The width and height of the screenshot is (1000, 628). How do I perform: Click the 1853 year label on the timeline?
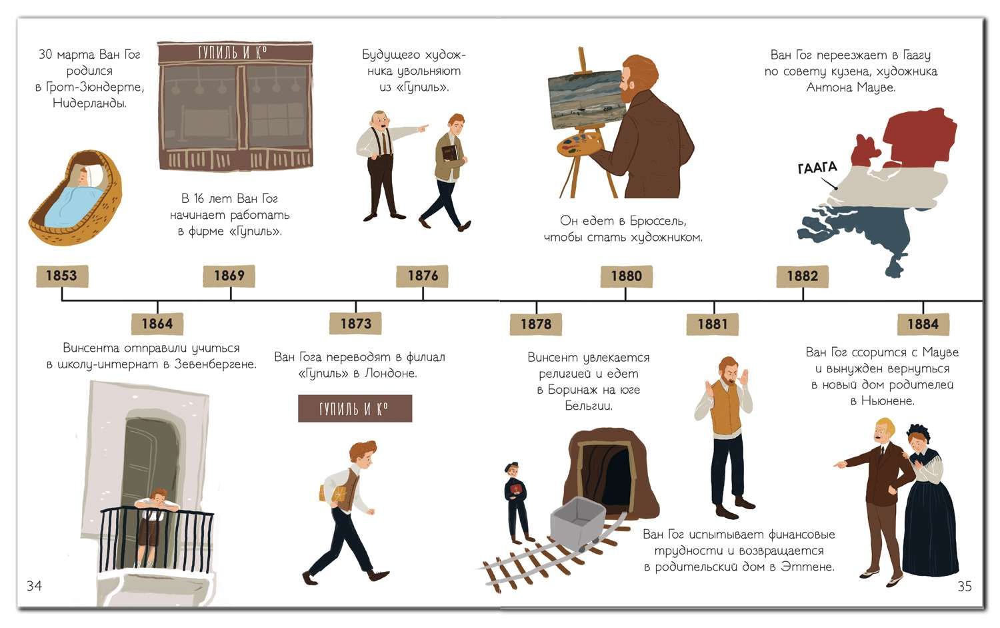tap(62, 276)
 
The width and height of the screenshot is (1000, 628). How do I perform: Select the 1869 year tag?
tap(229, 276)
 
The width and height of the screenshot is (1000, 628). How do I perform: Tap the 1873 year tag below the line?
tap(356, 323)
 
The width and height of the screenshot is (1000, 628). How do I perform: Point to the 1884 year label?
tap(923, 324)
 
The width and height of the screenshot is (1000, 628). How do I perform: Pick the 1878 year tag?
tap(536, 324)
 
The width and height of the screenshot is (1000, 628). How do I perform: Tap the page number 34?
tap(35, 585)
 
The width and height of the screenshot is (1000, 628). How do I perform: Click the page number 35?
tap(964, 586)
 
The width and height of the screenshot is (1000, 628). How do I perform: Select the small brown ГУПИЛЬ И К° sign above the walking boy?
tap(355, 408)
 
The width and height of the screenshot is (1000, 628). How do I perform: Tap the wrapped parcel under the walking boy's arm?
tap(333, 494)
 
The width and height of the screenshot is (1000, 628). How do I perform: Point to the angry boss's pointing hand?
tap(423, 128)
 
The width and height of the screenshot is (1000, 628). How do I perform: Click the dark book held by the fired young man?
tap(450, 153)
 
